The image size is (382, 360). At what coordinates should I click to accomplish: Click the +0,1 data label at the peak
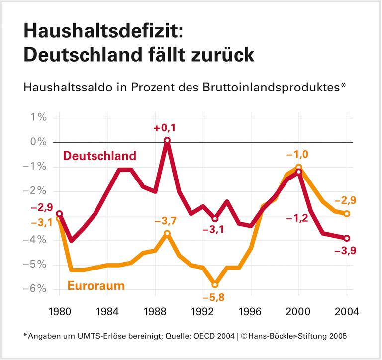click(x=166, y=128)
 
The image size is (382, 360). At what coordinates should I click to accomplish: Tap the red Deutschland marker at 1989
click(x=167, y=141)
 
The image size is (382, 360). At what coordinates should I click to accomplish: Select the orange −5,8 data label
click(x=214, y=297)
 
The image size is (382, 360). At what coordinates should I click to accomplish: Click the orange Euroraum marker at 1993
click(x=215, y=284)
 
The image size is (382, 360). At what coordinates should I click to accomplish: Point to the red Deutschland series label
click(x=99, y=156)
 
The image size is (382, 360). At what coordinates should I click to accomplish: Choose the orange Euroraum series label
click(x=96, y=286)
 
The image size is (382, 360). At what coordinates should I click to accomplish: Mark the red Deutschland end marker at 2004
click(x=347, y=238)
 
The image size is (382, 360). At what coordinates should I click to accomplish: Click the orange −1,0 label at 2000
click(x=298, y=155)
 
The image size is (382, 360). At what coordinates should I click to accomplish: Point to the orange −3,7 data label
click(x=167, y=220)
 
